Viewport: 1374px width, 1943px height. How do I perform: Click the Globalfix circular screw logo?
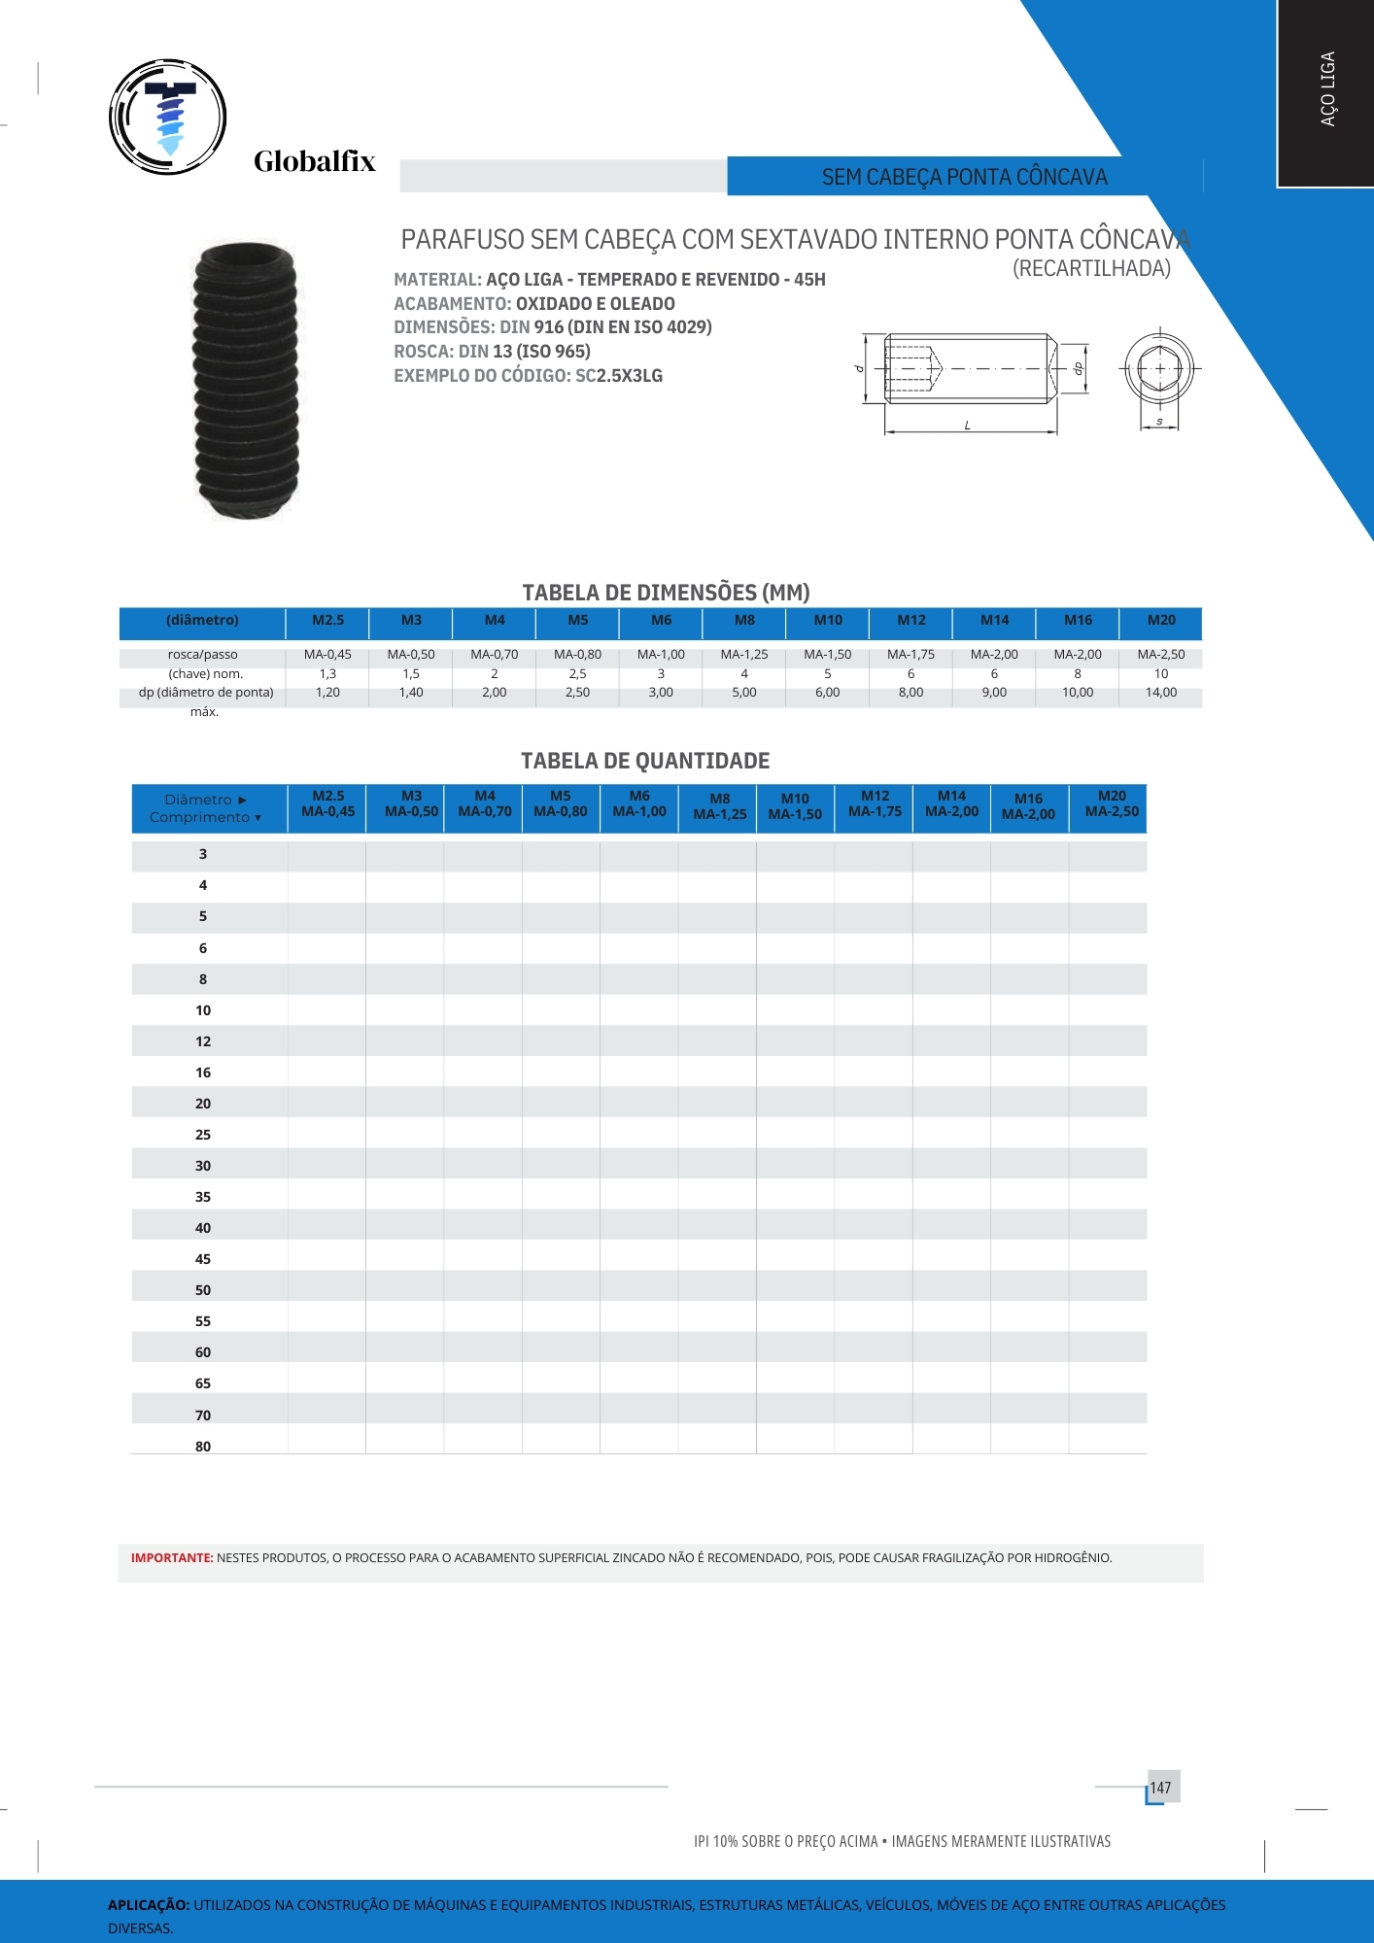(168, 117)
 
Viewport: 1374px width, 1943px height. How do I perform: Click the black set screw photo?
(247, 380)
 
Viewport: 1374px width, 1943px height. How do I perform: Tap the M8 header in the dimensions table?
(744, 620)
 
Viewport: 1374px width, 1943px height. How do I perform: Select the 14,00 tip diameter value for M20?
(1160, 693)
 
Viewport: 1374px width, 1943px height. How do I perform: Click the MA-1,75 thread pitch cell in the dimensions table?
(910, 655)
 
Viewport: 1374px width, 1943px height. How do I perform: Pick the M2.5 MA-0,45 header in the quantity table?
(327, 804)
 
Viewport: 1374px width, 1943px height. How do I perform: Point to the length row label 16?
(203, 1073)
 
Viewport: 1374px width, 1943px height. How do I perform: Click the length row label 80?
(203, 1447)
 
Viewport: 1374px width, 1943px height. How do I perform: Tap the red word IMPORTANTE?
(172, 1558)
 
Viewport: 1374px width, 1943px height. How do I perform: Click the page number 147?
(1160, 1788)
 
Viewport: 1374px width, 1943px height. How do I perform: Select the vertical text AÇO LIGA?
(1327, 88)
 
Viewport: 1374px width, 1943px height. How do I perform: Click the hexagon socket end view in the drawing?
(1159, 369)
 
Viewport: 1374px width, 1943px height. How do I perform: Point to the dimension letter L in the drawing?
(968, 426)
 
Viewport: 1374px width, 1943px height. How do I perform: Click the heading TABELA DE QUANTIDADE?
(645, 761)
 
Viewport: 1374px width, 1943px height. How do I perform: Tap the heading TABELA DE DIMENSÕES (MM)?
(666, 593)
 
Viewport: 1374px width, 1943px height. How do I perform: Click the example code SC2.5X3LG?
(619, 376)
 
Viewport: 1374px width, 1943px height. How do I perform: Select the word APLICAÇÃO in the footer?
(148, 1905)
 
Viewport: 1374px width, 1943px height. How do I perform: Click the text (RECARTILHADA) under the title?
(1091, 269)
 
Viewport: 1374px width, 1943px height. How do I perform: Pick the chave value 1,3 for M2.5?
(327, 674)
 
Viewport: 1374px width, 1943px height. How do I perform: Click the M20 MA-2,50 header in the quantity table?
(1112, 804)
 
